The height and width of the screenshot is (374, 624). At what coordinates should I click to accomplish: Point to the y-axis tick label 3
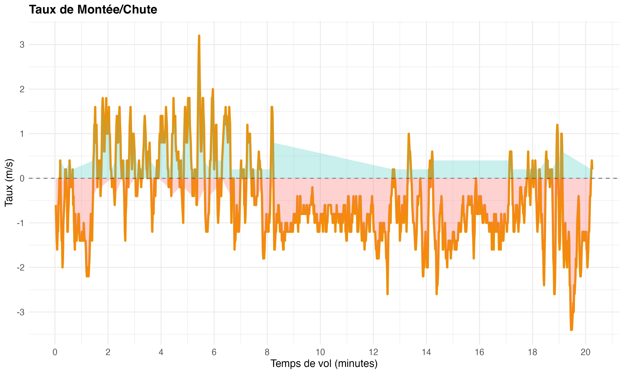(22, 45)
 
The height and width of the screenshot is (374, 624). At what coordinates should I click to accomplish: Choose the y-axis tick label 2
(22, 89)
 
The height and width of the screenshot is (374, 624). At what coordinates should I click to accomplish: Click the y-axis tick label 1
(22, 134)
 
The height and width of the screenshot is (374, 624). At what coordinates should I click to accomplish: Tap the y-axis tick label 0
(22, 178)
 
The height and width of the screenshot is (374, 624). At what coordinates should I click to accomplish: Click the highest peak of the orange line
(199, 36)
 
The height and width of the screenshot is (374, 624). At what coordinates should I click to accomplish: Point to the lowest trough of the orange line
(571, 330)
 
